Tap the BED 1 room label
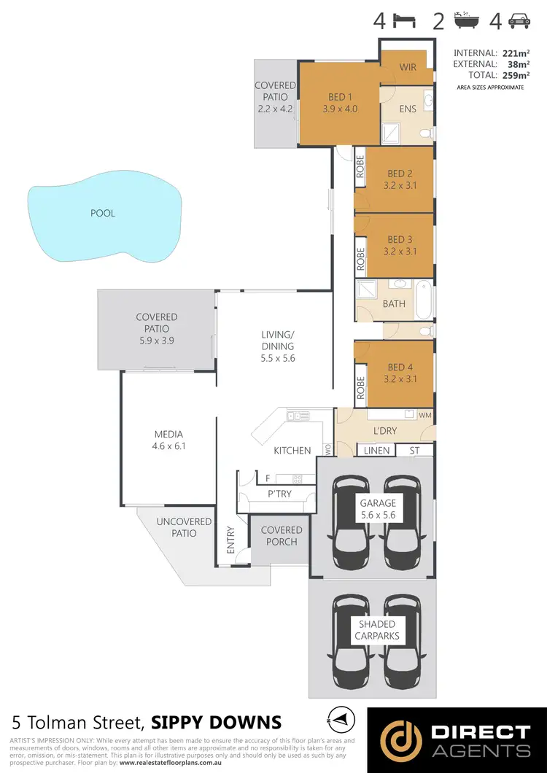pyautogui.click(x=336, y=97)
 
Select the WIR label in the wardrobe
pyautogui.click(x=407, y=68)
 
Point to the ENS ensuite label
pyautogui.click(x=408, y=109)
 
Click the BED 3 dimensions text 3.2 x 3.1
pyautogui.click(x=400, y=252)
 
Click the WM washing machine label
pyautogui.click(x=425, y=415)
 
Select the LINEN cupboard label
pyautogui.click(x=376, y=451)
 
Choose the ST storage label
pyautogui.click(x=415, y=451)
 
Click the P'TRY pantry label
pyautogui.click(x=279, y=494)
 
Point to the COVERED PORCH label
pyautogui.click(x=282, y=536)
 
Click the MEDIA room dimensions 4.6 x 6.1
pyautogui.click(x=168, y=446)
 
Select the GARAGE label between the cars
pyautogui.click(x=378, y=508)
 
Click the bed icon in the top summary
pyautogui.click(x=405, y=20)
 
